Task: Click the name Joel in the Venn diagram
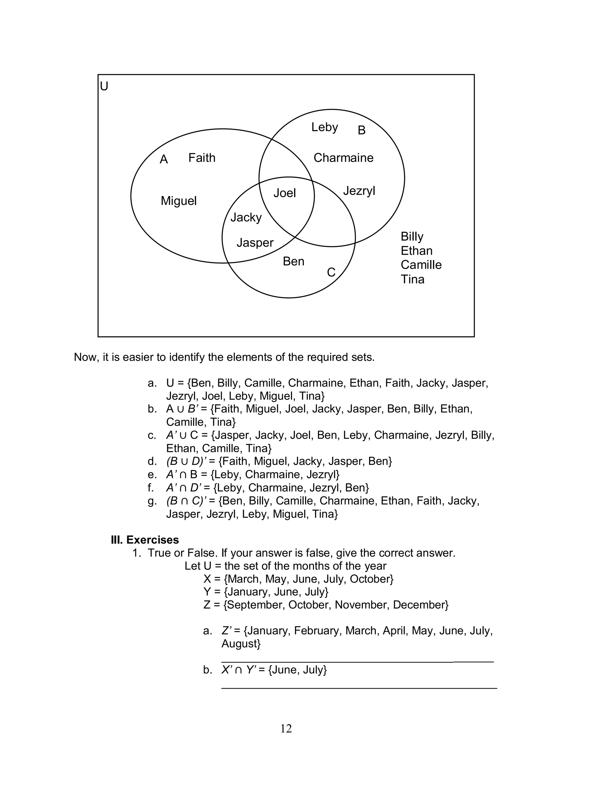click(285, 193)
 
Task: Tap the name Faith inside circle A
click(202, 158)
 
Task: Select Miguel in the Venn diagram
click(178, 201)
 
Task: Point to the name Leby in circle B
click(324, 127)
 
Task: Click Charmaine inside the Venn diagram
click(343, 158)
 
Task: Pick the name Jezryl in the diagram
click(359, 191)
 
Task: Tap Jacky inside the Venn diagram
click(246, 217)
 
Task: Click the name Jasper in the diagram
click(255, 243)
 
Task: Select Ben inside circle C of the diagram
click(293, 261)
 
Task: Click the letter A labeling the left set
click(164, 159)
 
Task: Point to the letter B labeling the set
click(361, 130)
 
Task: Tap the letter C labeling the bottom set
click(331, 272)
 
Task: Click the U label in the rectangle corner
click(104, 86)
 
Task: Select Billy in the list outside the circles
click(412, 237)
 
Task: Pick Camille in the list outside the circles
click(421, 265)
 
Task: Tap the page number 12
click(286, 729)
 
